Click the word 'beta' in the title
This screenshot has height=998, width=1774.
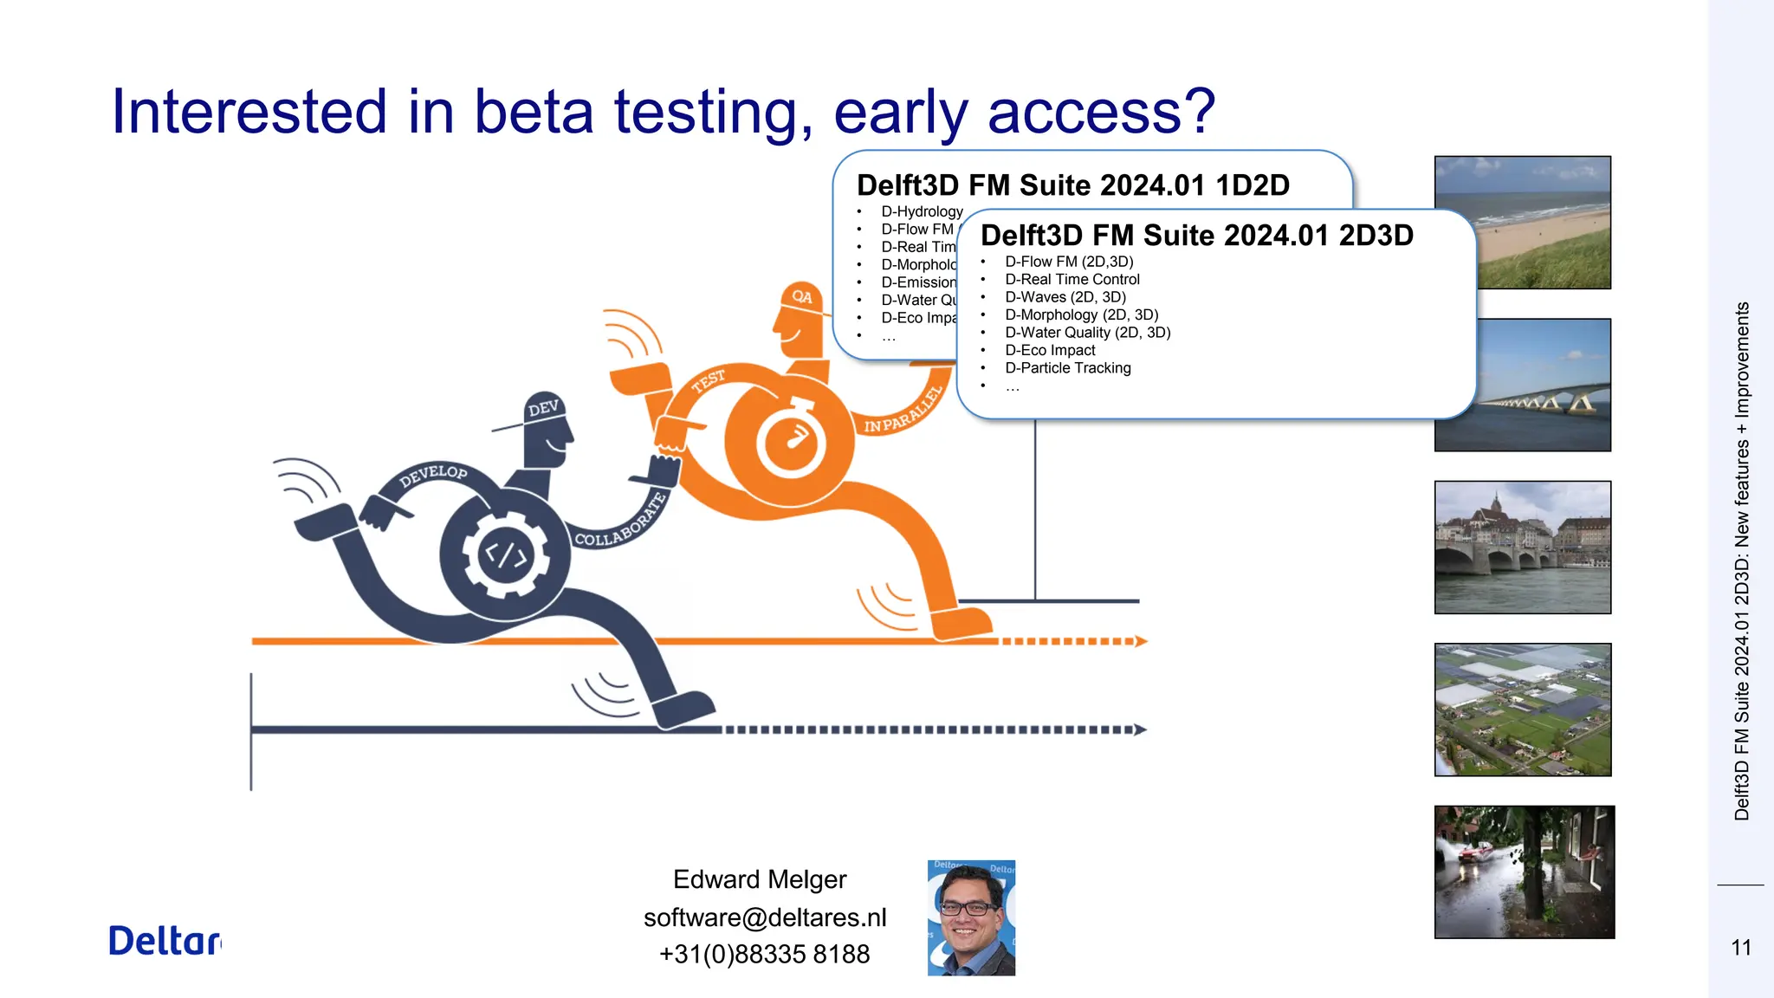pyautogui.click(x=534, y=112)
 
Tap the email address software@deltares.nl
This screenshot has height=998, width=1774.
pyautogui.click(x=765, y=917)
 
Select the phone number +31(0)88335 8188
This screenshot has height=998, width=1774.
pyautogui.click(x=764, y=954)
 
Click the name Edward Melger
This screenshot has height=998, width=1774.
pyautogui.click(x=760, y=879)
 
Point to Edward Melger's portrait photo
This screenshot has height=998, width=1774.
pyautogui.click(x=971, y=917)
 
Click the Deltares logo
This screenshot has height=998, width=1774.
pyautogui.click(x=165, y=941)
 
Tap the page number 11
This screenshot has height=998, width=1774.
pyautogui.click(x=1741, y=948)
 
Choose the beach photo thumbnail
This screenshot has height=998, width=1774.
pyautogui.click(x=1522, y=222)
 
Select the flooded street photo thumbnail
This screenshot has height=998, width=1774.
pyautogui.click(x=1524, y=872)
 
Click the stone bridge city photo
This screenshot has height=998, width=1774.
pyautogui.click(x=1522, y=547)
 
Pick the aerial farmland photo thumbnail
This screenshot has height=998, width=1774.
pyautogui.click(x=1522, y=710)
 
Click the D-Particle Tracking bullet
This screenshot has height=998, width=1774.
pyautogui.click(x=1067, y=368)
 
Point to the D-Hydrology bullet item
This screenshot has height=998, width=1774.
pyautogui.click(x=922, y=211)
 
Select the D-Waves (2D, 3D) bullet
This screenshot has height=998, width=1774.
pyautogui.click(x=1065, y=297)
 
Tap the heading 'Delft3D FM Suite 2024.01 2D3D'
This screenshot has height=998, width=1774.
pyautogui.click(x=1196, y=236)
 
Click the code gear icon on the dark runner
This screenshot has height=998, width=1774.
pyautogui.click(x=505, y=554)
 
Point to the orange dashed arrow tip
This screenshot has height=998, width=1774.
pyautogui.click(x=1141, y=641)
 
